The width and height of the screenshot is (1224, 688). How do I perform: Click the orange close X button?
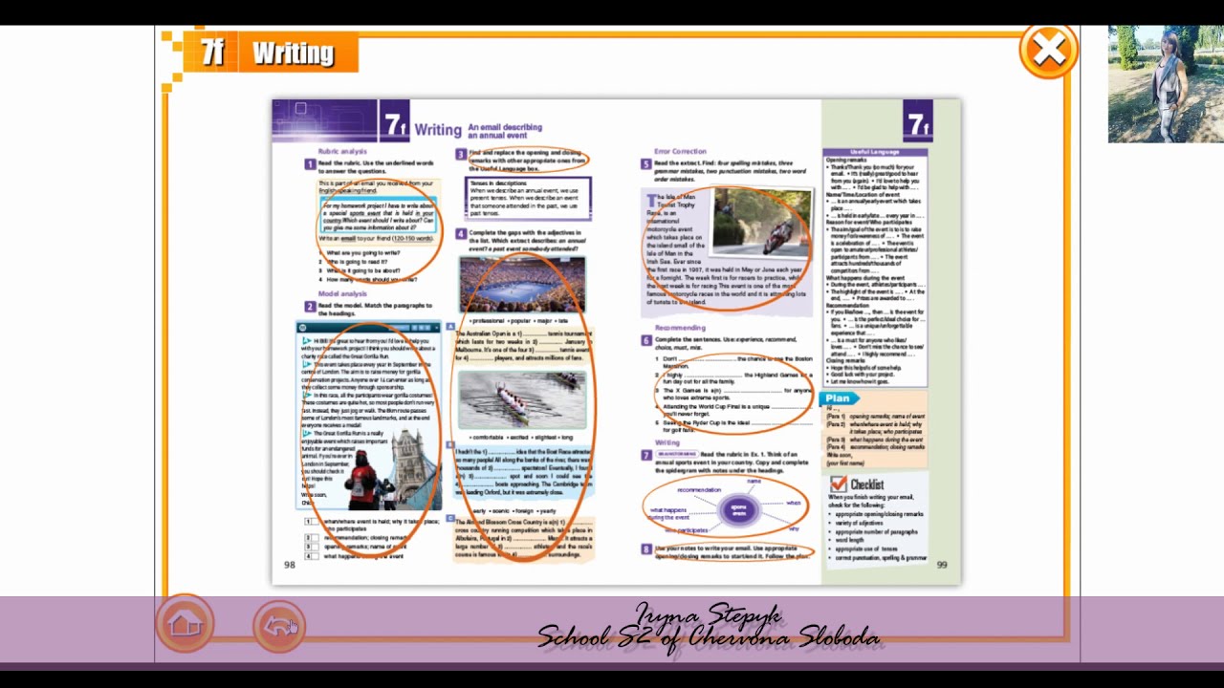pos(1048,51)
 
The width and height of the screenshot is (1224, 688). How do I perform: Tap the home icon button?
pos(185,626)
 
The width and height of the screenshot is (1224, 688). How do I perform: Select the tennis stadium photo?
pos(522,284)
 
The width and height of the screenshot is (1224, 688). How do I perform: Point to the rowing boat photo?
pos(522,398)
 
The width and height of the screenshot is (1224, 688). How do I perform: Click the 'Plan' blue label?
pos(838,398)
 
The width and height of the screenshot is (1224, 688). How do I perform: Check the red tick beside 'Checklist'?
pos(839,484)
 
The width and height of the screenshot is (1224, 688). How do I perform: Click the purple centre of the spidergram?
pos(738,510)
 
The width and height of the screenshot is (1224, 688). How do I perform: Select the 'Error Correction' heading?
pos(680,151)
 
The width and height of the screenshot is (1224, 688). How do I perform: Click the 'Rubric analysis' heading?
pos(342,151)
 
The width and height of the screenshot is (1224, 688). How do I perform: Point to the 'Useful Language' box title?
pos(874,152)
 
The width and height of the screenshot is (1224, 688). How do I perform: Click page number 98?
pos(290,565)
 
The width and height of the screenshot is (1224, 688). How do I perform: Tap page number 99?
pos(941,565)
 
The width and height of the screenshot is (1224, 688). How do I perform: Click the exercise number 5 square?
pos(646,164)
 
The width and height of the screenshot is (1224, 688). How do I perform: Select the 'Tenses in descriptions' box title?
pos(498,183)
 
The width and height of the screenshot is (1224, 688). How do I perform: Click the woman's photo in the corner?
pos(1165,84)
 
